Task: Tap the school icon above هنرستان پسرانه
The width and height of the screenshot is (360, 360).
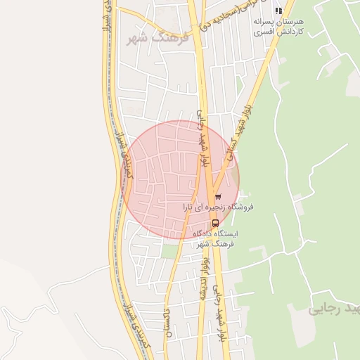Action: [279, 11]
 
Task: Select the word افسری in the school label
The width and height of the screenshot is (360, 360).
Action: [262, 33]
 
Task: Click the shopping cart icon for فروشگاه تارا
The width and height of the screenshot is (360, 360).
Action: [218, 196]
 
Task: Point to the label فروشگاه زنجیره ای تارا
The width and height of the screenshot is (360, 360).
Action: [218, 207]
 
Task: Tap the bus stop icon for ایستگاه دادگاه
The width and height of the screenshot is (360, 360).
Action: [215, 223]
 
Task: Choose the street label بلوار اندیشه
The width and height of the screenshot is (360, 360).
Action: [205, 278]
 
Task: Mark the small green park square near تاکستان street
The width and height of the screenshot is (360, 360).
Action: [169, 250]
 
